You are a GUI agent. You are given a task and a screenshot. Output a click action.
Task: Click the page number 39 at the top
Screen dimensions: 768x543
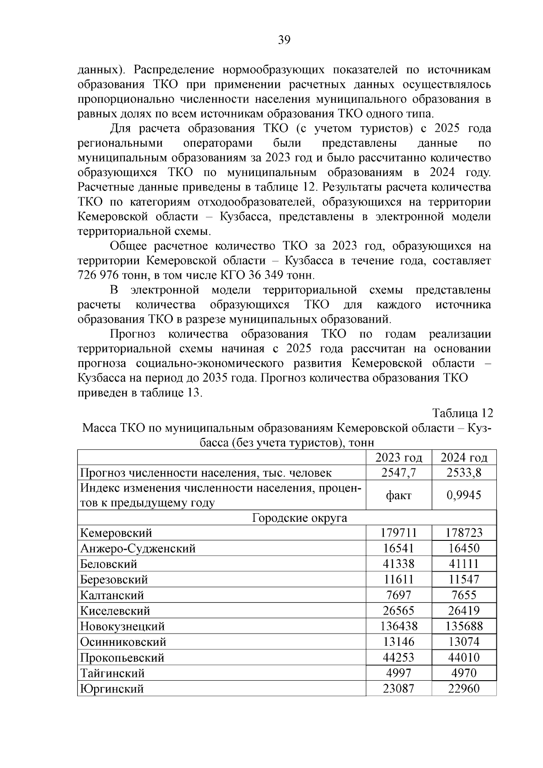coord(284,41)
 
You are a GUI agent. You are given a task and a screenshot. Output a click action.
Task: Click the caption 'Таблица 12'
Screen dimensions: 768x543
coord(462,413)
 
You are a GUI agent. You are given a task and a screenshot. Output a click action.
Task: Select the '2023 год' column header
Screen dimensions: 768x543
coord(399,458)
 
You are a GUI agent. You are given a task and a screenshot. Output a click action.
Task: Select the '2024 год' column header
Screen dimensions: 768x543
coord(464,458)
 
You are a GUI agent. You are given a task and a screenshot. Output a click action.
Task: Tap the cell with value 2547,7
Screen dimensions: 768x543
coord(399,473)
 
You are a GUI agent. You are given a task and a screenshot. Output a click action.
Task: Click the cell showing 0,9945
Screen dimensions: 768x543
coord(464,495)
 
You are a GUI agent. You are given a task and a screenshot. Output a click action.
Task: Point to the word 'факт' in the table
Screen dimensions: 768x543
coord(399,495)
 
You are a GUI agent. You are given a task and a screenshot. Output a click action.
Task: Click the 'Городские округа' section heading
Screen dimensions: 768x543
coord(299,518)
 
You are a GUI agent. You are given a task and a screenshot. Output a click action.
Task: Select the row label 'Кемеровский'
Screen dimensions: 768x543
coord(116,533)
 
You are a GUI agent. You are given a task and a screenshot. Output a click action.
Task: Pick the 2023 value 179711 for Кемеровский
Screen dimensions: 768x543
coord(399,533)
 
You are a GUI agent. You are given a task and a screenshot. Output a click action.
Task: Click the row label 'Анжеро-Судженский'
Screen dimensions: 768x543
coord(138,549)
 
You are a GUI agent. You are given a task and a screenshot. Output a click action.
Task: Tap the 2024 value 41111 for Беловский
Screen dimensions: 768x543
coord(464,564)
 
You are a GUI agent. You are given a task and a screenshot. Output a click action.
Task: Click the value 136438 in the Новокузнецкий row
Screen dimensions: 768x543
coord(399,626)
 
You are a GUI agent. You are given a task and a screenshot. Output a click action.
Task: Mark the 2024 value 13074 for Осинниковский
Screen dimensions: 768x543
coord(464,642)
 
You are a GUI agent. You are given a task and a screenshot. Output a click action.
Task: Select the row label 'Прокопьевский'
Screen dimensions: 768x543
coord(122,658)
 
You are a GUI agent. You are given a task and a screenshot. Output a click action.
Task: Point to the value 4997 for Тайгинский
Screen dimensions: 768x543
coord(399,673)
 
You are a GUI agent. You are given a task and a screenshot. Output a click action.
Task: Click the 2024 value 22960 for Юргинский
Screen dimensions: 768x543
coord(464,689)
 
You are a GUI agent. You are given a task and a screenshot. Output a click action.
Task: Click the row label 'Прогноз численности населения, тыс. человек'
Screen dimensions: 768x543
coord(205,473)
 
